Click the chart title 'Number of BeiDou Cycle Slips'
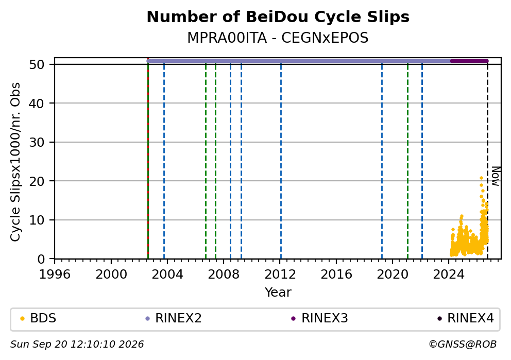[278, 17]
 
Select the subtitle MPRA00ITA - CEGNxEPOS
[278, 38]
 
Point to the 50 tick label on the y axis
[37, 64]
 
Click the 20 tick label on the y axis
[37, 181]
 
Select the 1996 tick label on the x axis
[55, 275]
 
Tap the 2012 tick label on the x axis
[280, 275]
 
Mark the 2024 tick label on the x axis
[449, 275]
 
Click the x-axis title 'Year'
[278, 292]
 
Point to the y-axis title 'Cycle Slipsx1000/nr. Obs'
[15, 162]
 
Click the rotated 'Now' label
[496, 176]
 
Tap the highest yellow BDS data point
[481, 178]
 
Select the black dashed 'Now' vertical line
[487, 160]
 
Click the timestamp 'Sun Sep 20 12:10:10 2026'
[77, 345]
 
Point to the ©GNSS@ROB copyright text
[463, 345]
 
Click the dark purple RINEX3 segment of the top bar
[469, 61]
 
